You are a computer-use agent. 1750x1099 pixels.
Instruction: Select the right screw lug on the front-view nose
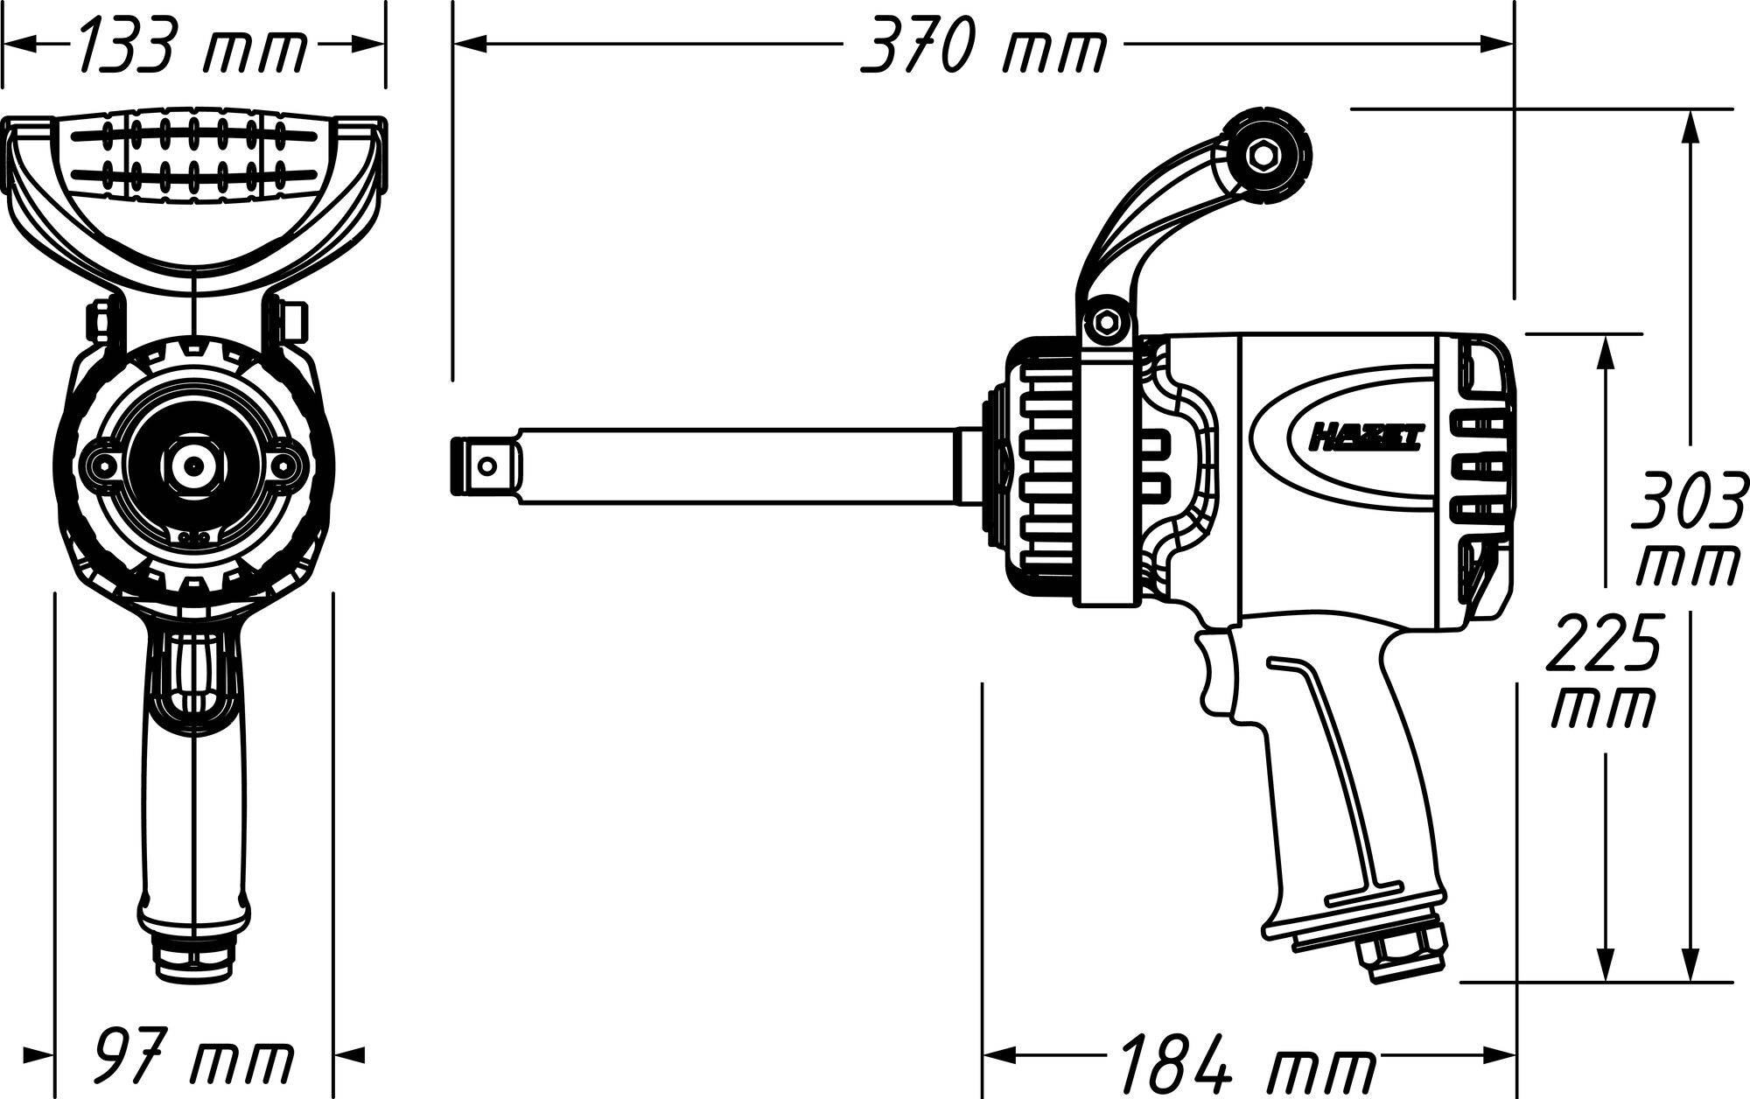click(280, 465)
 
